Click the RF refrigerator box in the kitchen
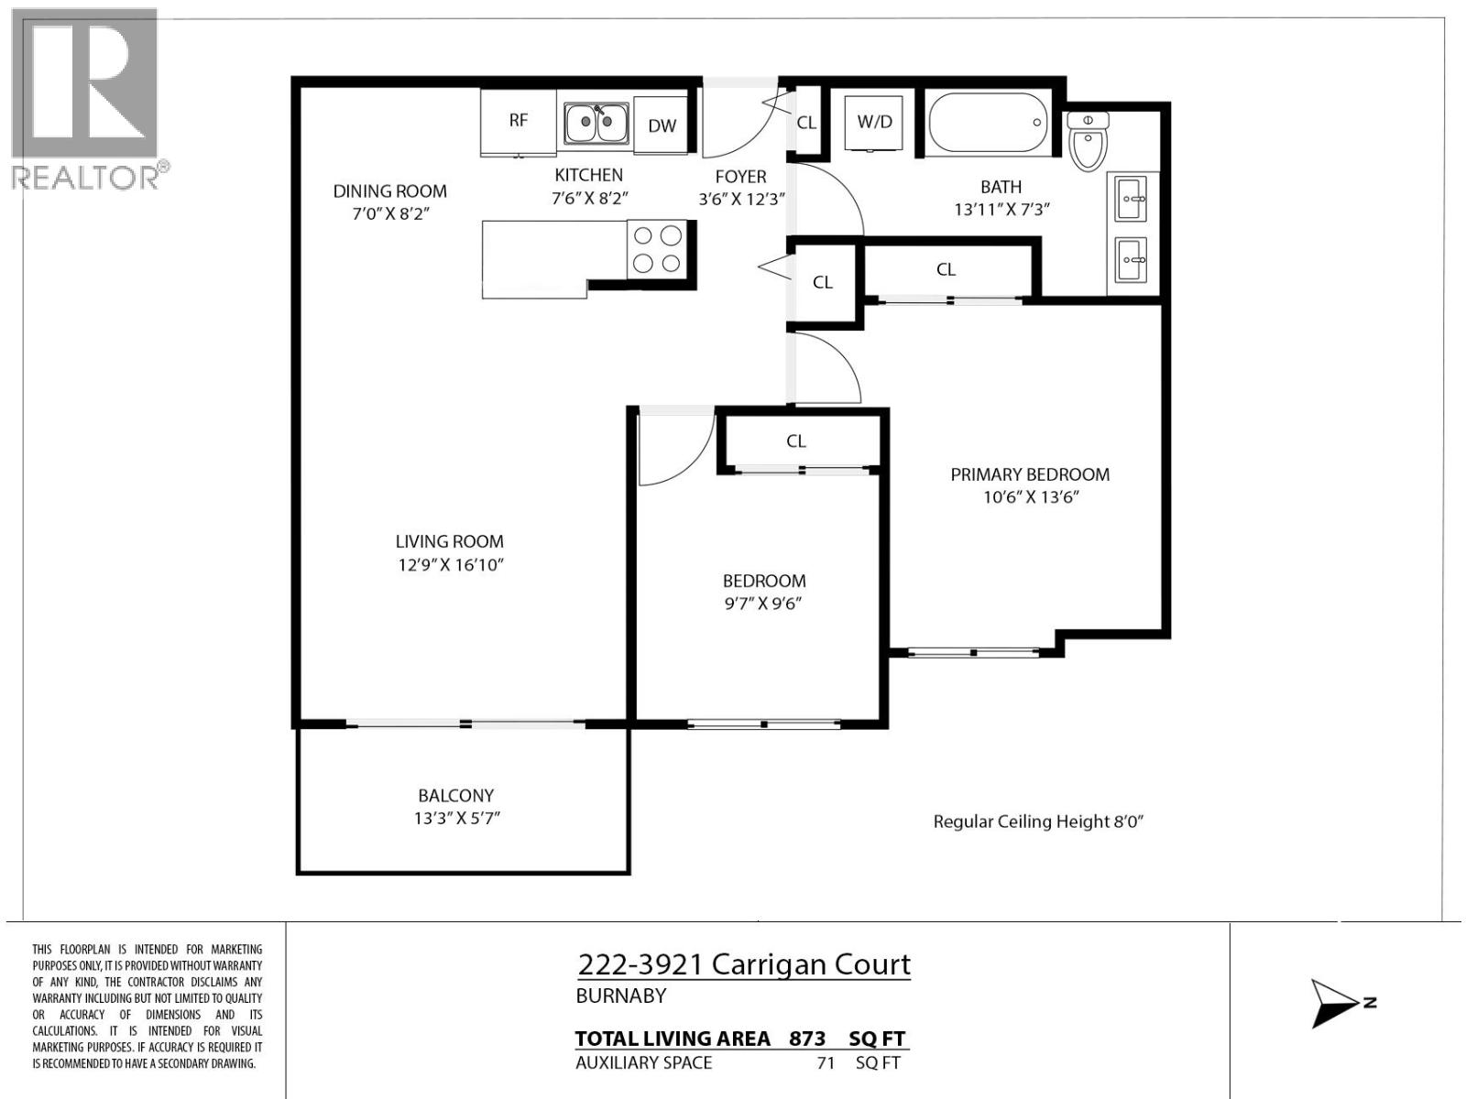pos(519,121)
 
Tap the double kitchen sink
pos(596,123)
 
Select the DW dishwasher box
pos(662,125)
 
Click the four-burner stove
pos(657,249)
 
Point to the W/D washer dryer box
pos(874,122)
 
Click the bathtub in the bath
pos(988,122)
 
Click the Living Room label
pos(449,541)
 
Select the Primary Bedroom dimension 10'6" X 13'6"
pos(1031,497)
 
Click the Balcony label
pos(455,796)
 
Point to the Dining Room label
pos(389,190)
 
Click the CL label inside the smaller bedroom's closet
pos(795,441)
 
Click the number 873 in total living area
pos(806,1039)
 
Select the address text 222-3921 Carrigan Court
pos(744,964)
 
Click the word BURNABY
pos(620,996)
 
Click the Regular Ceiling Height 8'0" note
pos(1038,822)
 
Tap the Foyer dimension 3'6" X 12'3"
pos(741,199)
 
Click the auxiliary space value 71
pos(826,1063)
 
